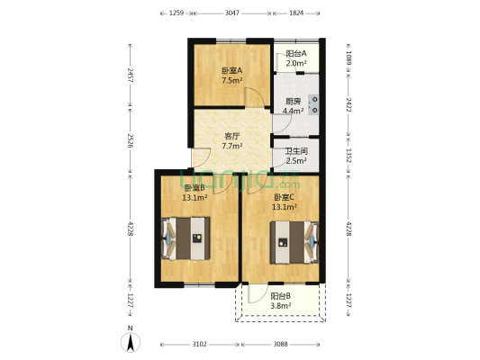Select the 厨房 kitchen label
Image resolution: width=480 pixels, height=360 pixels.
[x=293, y=101]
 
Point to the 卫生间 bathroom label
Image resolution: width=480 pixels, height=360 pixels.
[x=296, y=152]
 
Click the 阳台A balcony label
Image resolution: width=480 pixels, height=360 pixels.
[x=296, y=54]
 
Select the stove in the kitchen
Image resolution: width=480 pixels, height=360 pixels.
[x=314, y=104]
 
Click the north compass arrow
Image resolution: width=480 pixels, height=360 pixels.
[x=131, y=341]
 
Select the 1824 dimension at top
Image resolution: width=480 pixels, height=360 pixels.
[x=296, y=13]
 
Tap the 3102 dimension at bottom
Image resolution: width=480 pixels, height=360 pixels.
[x=200, y=344]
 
